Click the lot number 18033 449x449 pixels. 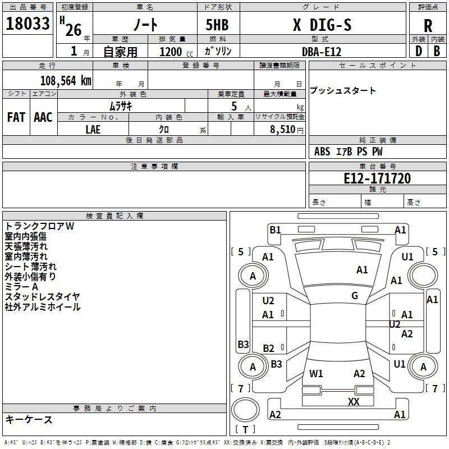(x=28, y=24)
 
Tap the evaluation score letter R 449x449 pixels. (x=428, y=26)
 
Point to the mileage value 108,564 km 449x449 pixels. (x=66, y=80)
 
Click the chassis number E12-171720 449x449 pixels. (x=377, y=179)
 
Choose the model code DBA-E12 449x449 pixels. (x=321, y=51)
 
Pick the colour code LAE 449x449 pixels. (x=93, y=129)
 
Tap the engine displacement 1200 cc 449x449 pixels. (x=171, y=51)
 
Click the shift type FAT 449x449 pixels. (x=16, y=117)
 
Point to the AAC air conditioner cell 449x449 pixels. (x=43, y=117)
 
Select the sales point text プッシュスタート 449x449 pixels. (x=343, y=90)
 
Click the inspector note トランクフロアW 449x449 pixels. (x=39, y=226)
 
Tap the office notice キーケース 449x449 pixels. (x=29, y=419)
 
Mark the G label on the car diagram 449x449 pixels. (x=355, y=296)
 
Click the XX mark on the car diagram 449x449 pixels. (x=354, y=401)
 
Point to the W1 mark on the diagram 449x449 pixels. (x=316, y=373)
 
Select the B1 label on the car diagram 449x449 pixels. (x=275, y=230)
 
